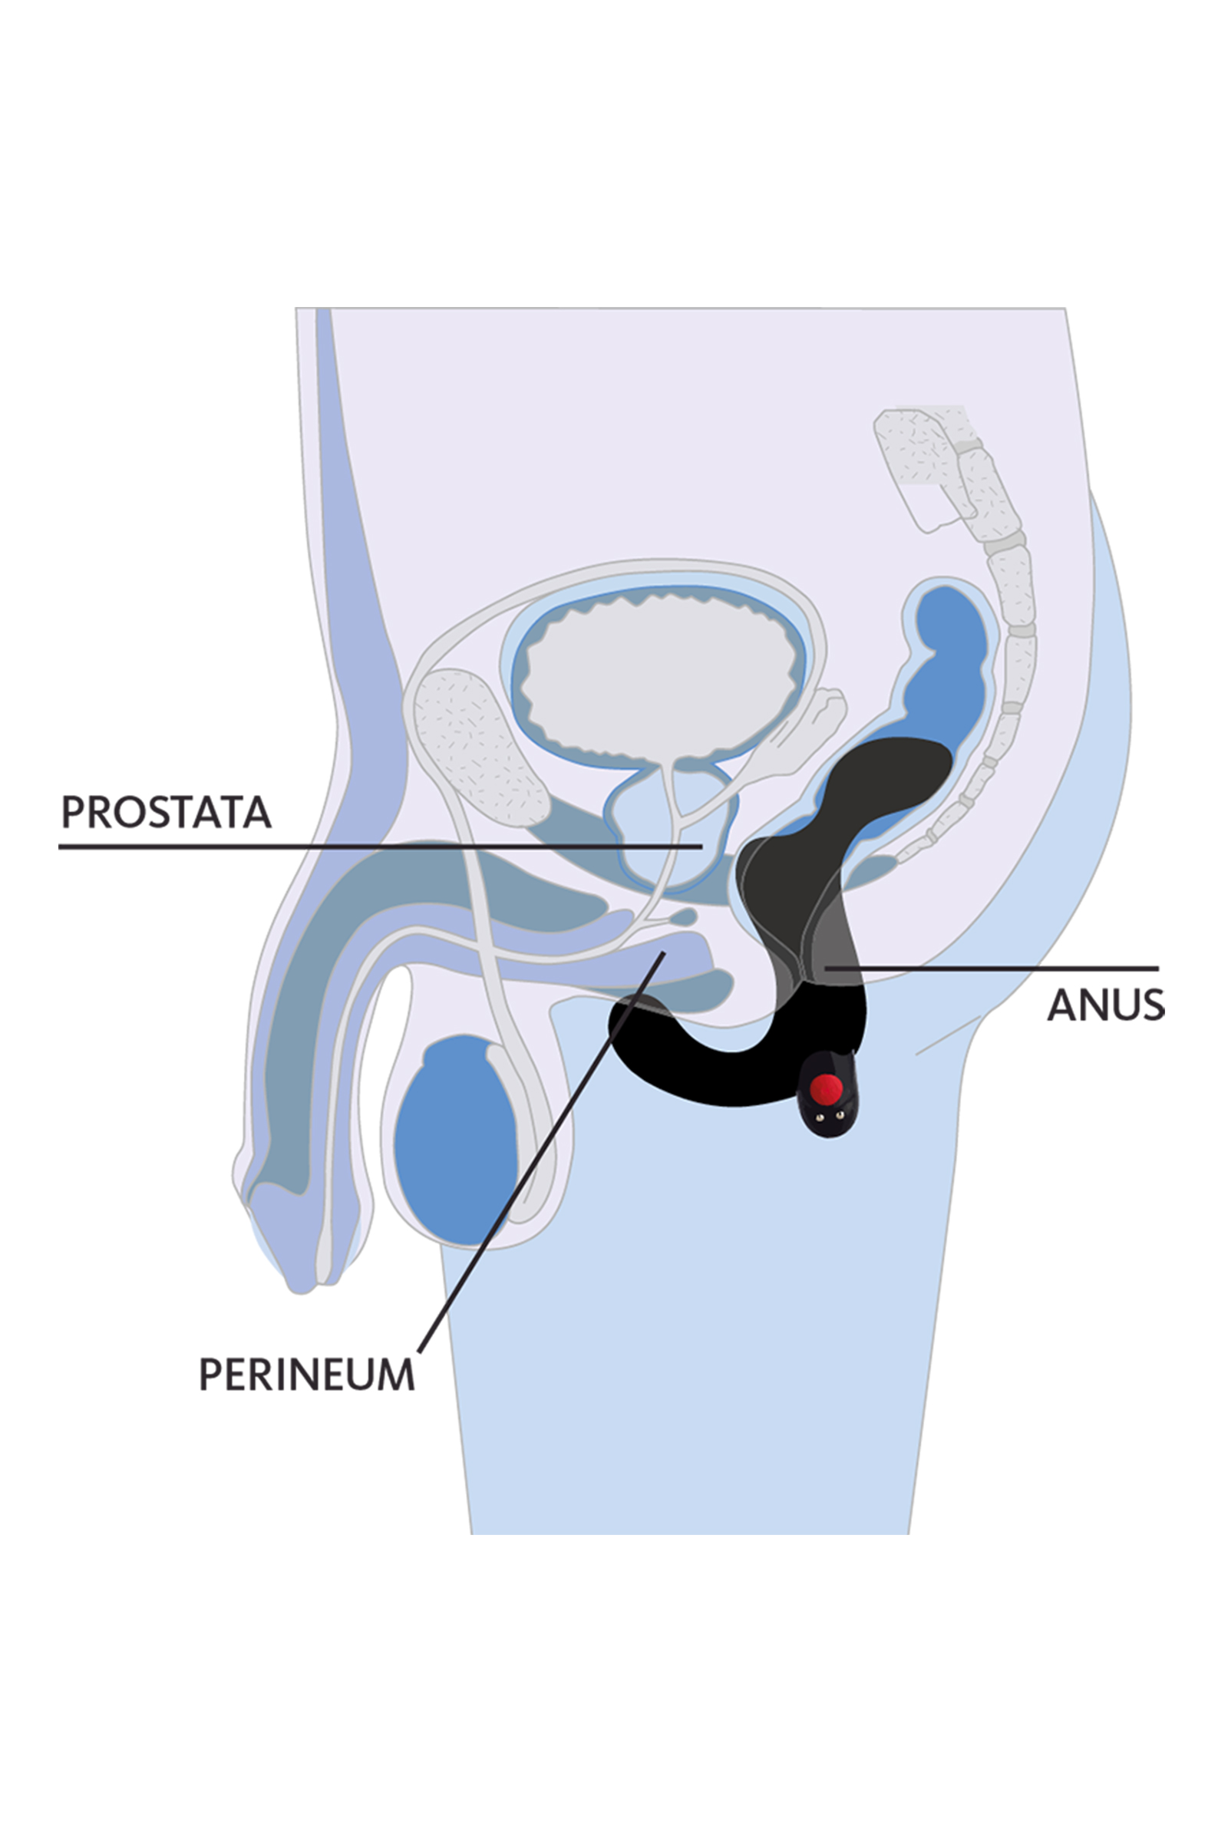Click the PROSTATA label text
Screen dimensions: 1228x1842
click(166, 812)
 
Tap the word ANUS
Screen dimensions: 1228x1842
click(1106, 1005)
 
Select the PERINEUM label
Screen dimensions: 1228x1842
click(306, 1375)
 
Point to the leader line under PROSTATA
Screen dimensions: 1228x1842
click(381, 847)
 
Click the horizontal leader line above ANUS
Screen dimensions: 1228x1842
click(992, 969)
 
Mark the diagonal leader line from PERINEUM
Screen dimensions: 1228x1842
click(541, 1151)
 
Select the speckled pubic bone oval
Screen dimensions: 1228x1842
click(479, 748)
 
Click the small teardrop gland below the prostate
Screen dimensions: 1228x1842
click(684, 916)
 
